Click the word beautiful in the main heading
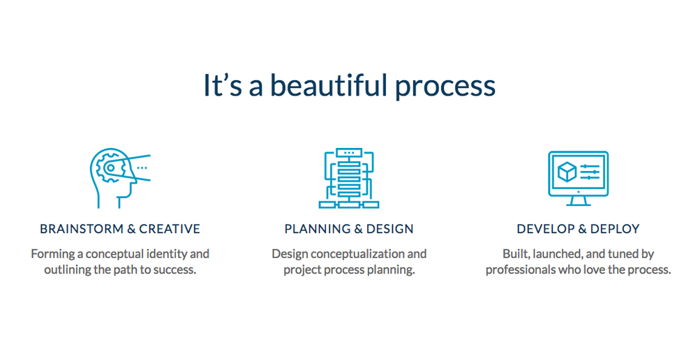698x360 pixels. pyautogui.click(x=329, y=84)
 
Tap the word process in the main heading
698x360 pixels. pyautogui.click(x=445, y=88)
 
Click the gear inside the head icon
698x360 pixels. pyautogui.click(x=110, y=167)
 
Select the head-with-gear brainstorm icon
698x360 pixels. pyautogui.click(x=120, y=178)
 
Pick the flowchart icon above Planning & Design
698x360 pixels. pyautogui.click(x=349, y=178)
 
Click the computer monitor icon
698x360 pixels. pyautogui.click(x=578, y=178)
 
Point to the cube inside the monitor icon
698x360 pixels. pyautogui.click(x=567, y=172)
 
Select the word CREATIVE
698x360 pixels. pyautogui.click(x=170, y=229)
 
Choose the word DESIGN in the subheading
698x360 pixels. pyautogui.click(x=390, y=229)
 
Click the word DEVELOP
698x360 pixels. pyautogui.click(x=545, y=229)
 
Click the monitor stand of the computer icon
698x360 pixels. pyautogui.click(x=578, y=201)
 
